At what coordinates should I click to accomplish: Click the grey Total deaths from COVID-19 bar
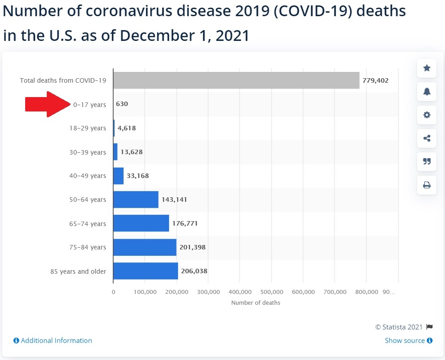click(x=236, y=80)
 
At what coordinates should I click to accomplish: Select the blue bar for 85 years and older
click(x=145, y=271)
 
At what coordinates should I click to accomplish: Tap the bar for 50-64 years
click(x=135, y=200)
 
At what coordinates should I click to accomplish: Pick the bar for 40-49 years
click(x=118, y=176)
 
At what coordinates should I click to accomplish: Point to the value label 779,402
click(x=375, y=80)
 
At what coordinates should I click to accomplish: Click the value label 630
click(x=122, y=104)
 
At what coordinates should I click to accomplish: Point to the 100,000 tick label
click(x=145, y=292)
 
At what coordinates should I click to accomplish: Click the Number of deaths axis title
click(x=255, y=303)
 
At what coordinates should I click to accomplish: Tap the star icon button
click(x=427, y=68)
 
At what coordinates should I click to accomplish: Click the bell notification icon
click(x=427, y=91)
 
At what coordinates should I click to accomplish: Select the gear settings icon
click(x=427, y=115)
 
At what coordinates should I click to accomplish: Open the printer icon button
click(x=427, y=185)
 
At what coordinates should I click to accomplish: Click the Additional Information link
click(x=53, y=341)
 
